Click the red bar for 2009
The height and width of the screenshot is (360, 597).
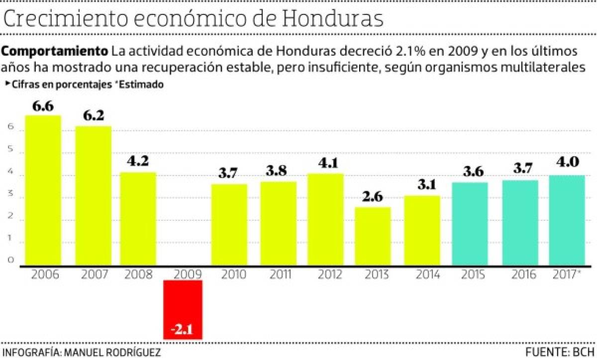[183, 309]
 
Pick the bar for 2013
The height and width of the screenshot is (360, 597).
[373, 236]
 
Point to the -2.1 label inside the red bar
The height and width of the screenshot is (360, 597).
[183, 330]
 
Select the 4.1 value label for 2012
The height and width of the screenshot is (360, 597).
[324, 163]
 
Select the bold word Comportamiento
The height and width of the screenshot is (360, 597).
[55, 51]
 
